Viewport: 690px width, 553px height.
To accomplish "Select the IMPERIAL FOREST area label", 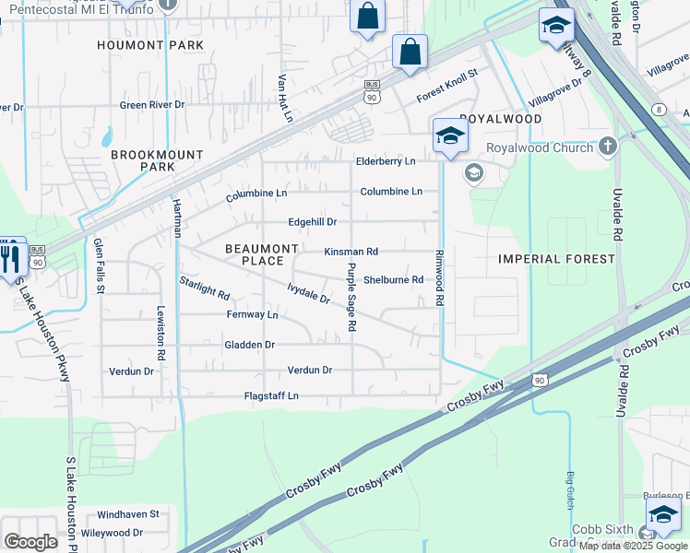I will (556, 259).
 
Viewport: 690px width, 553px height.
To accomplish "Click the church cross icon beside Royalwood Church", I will (607, 146).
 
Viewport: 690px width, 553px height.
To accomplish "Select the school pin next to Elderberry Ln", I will (449, 136).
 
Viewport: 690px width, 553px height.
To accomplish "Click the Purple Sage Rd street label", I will (351, 297).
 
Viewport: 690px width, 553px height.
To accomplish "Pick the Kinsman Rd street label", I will (351, 252).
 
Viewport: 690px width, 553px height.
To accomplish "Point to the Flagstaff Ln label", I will (268, 396).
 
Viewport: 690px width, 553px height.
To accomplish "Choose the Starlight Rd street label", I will (204, 288).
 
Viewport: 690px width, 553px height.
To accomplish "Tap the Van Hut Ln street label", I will (285, 99).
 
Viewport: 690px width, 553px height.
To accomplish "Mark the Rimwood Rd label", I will (441, 277).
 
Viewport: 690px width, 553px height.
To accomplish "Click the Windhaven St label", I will (128, 513).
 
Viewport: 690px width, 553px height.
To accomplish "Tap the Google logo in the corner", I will (31, 542).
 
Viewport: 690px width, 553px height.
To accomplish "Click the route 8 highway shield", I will (658, 109).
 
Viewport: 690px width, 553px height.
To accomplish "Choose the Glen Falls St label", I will (99, 265).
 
